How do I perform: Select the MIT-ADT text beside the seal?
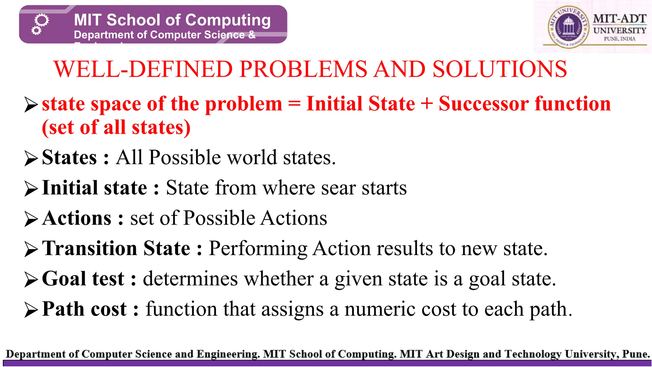pos(620,19)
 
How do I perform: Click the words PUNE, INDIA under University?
pos(620,39)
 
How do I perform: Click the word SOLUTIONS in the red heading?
pos(500,69)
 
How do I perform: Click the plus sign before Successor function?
pos(427,104)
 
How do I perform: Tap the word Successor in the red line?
pos(484,104)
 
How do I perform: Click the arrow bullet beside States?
pos(31,158)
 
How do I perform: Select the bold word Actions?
pos(77,218)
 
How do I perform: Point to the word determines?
pos(190,279)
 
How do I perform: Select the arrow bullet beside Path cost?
pos(31,310)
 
